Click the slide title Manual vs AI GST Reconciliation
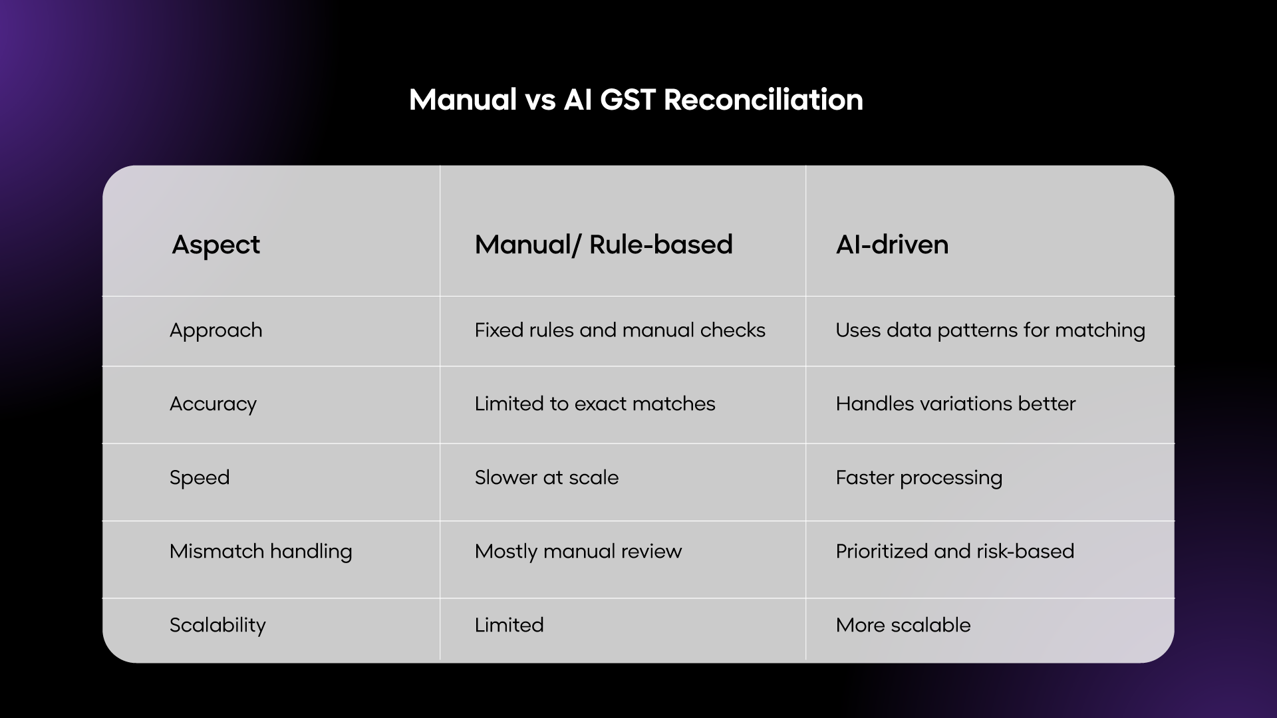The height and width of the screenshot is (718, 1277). pos(636,100)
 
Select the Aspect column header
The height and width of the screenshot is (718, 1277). pos(215,245)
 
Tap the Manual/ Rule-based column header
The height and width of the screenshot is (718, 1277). pos(603,245)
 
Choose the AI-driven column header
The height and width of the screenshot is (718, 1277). pos(892,245)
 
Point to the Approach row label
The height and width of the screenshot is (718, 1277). pos(215,330)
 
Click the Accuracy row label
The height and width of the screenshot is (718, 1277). pos(213,404)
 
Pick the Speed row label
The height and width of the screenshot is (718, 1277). pos(200,477)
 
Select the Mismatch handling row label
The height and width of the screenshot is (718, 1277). pos(261,552)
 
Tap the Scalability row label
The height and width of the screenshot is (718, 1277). pos(217,626)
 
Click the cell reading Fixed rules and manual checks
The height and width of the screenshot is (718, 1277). pos(620,330)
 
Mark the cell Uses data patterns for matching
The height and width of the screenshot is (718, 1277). pos(990,330)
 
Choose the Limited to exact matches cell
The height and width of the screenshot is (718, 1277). pos(595,404)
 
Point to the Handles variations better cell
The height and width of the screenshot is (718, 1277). pos(955,404)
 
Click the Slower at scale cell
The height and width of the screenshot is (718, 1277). pos(546,477)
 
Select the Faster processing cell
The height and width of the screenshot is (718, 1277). pos(919,478)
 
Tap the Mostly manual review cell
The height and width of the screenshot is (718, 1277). pos(578,552)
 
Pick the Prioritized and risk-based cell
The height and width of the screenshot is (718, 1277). pos(954,552)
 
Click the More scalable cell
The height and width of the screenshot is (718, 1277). pos(903,626)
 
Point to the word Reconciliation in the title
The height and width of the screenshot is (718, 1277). pos(763,100)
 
